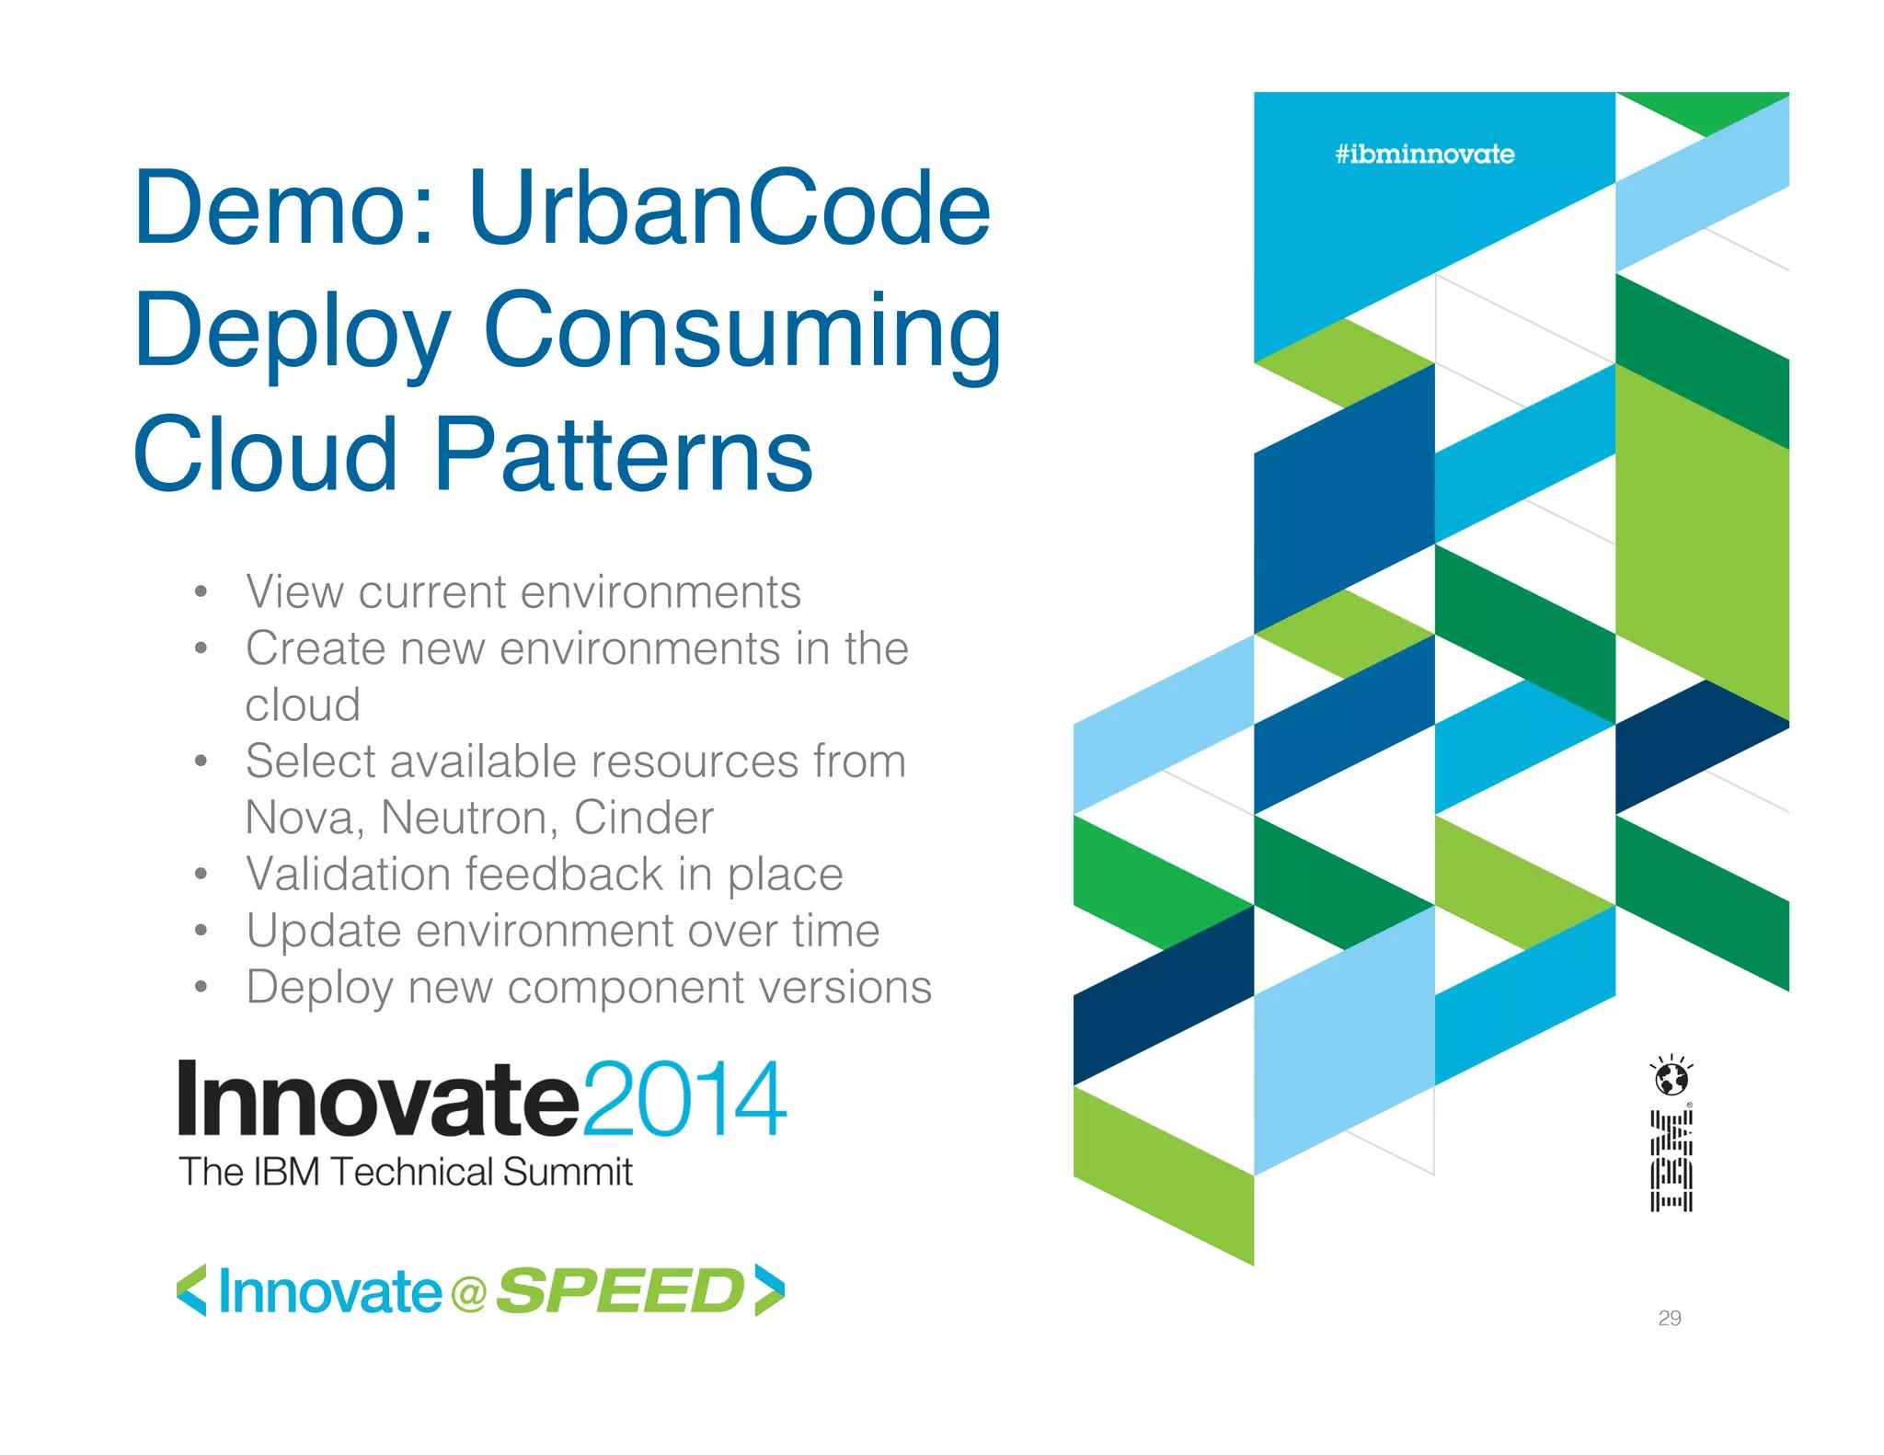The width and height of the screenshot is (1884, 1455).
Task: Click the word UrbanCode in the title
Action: (729, 208)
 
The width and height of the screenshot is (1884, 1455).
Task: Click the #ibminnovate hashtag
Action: (1424, 154)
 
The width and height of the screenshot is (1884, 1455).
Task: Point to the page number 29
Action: (1669, 1318)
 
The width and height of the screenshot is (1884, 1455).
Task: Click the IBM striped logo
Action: (1671, 1161)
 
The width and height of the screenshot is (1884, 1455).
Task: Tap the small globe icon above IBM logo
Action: (1671, 1077)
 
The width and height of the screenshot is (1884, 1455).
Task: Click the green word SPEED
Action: (619, 1291)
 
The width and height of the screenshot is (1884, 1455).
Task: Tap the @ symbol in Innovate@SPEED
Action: (468, 1294)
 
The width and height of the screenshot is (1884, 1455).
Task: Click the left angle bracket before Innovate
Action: (191, 1290)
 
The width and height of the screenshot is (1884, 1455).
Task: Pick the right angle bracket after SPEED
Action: (769, 1290)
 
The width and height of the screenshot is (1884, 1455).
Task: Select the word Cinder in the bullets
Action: (643, 818)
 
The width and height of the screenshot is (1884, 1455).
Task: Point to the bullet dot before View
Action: (201, 592)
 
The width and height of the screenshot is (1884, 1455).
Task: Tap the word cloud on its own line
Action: (303, 705)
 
